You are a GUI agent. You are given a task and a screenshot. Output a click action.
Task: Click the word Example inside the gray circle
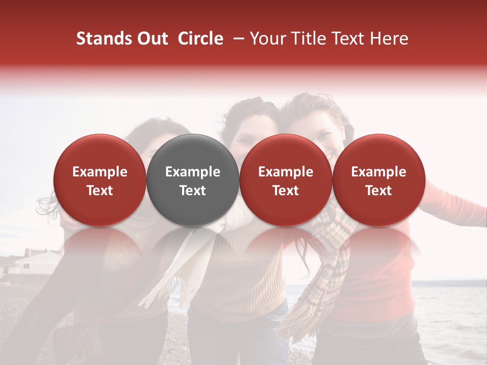click(193, 172)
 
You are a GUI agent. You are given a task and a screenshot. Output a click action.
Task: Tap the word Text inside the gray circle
click(193, 191)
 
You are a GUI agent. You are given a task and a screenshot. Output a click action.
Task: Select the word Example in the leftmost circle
click(100, 172)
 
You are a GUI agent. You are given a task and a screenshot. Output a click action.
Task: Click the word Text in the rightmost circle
click(379, 191)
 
